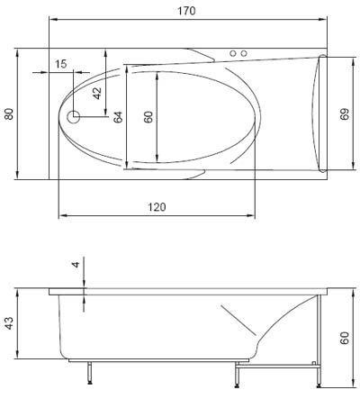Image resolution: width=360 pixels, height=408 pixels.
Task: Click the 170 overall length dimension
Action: pyautogui.click(x=186, y=11)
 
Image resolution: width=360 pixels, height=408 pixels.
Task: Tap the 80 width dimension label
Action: pyautogui.click(x=9, y=114)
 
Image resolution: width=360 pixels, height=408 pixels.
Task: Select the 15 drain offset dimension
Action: pyautogui.click(x=61, y=64)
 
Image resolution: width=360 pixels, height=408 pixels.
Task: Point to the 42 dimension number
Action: pyautogui.click(x=97, y=93)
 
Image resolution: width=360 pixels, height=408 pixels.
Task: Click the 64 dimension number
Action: pyautogui.click(x=118, y=117)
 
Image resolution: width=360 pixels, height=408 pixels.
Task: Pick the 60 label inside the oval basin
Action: pyautogui.click(x=148, y=117)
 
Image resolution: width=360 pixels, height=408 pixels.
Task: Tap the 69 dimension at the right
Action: pyautogui.click(x=345, y=114)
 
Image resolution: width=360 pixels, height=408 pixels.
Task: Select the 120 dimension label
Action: pyautogui.click(x=157, y=207)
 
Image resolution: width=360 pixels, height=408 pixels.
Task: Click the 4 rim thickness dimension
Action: pyautogui.click(x=76, y=265)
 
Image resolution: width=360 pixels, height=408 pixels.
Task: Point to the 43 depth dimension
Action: pyautogui.click(x=9, y=323)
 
